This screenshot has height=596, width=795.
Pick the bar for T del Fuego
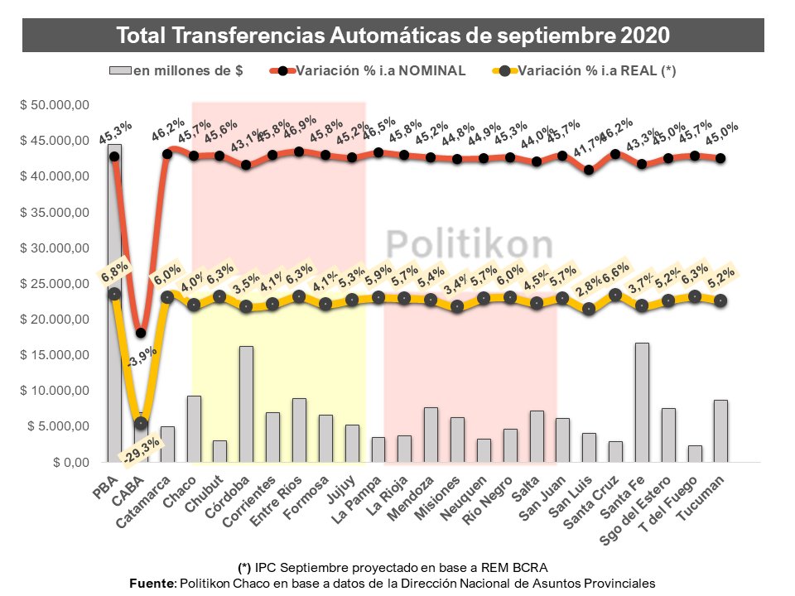(x=694, y=454)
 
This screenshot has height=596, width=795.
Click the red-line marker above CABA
(x=142, y=333)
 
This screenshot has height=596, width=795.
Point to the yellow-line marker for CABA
(x=142, y=423)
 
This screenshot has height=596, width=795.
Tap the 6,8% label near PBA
(x=114, y=271)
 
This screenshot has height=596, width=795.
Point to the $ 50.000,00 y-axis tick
(x=55, y=105)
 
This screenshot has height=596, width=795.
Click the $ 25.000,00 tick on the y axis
(x=55, y=284)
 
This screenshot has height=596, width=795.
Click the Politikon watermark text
(x=470, y=246)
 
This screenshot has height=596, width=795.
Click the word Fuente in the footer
(x=152, y=583)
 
